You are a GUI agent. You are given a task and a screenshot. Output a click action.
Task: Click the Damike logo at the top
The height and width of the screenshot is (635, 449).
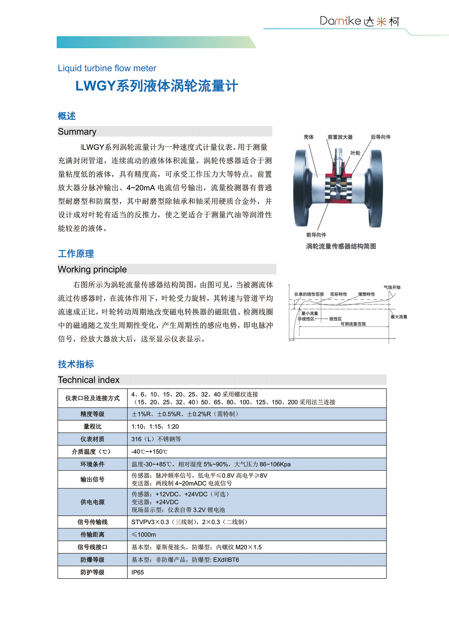pyautogui.click(x=359, y=21)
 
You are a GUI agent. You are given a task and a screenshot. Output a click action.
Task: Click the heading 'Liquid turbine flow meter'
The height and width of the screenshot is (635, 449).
pyautogui.click(x=107, y=68)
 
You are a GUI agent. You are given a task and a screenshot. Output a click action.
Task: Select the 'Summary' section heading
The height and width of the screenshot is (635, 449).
pyautogui.click(x=77, y=132)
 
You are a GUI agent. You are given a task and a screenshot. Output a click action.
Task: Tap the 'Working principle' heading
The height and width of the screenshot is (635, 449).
pyautogui.click(x=92, y=269)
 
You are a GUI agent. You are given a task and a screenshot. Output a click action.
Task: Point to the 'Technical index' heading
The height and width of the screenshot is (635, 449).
pyautogui.click(x=89, y=380)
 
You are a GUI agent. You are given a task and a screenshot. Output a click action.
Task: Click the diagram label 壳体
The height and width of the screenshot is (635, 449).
pyautogui.click(x=308, y=137)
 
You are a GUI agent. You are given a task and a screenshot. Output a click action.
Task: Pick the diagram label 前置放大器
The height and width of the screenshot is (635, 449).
pyautogui.click(x=340, y=137)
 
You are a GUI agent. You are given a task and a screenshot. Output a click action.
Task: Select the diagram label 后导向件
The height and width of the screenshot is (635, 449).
pyautogui.click(x=381, y=137)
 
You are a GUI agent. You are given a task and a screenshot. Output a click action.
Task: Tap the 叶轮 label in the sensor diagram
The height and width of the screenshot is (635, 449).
pyautogui.click(x=355, y=153)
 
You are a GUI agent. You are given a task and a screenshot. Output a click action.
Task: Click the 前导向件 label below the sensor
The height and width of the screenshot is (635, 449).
pyautogui.click(x=316, y=235)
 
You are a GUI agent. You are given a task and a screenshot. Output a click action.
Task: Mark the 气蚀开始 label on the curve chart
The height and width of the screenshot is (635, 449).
pyautogui.click(x=392, y=287)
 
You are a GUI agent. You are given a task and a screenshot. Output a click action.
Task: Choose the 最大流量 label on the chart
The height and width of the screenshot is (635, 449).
pyautogui.click(x=399, y=317)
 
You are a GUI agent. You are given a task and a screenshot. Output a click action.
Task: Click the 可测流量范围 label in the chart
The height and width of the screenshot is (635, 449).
pyautogui.click(x=353, y=324)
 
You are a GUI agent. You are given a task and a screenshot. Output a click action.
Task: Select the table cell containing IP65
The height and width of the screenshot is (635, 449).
pyautogui.click(x=138, y=572)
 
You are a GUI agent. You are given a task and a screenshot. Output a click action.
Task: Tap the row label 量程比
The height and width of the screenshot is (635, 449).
pyautogui.click(x=92, y=427)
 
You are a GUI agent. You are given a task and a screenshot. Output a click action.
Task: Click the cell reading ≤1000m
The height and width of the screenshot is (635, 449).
pyautogui.click(x=144, y=535)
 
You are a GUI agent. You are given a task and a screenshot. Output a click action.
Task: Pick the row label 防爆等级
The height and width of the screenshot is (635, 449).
pyautogui.click(x=92, y=560)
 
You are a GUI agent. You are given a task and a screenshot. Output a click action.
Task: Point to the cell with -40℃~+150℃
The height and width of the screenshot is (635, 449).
pyautogui.click(x=149, y=452)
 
